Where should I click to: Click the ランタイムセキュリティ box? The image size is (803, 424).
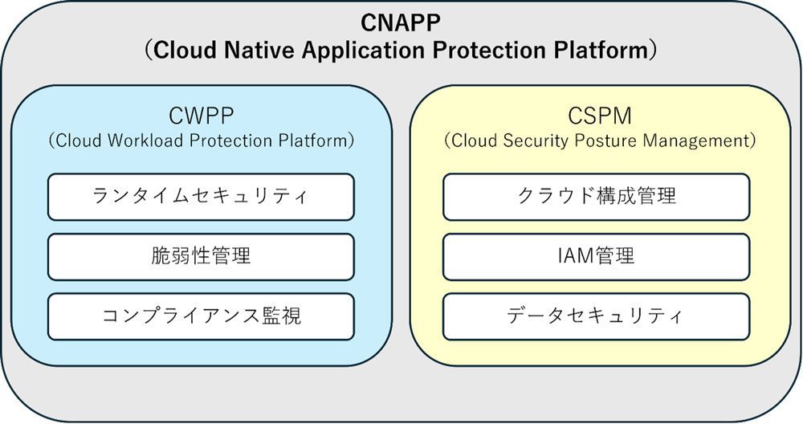(x=201, y=196)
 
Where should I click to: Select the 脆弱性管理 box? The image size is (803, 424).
(x=201, y=255)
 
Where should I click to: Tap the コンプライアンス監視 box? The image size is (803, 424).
(x=201, y=315)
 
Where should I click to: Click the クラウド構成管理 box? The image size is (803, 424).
(x=597, y=196)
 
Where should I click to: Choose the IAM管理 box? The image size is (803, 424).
(x=597, y=255)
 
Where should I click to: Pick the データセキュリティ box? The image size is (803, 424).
(x=597, y=315)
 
